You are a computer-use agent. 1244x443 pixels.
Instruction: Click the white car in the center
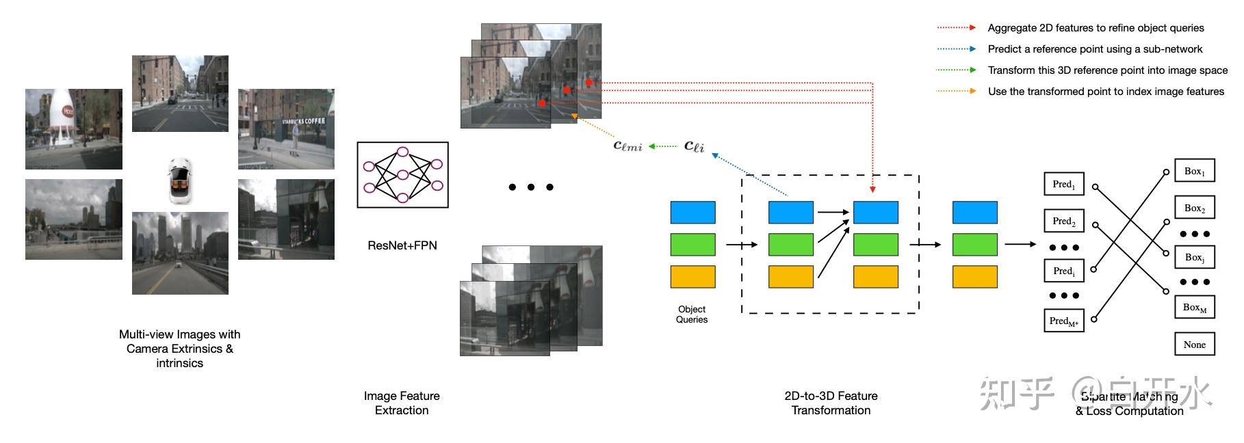pos(181,180)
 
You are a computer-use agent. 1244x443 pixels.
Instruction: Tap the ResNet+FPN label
pos(402,245)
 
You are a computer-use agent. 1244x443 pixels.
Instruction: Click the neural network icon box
pos(402,175)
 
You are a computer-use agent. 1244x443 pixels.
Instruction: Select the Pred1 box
pos(1063,184)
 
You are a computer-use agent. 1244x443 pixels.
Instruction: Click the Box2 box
pos(1194,208)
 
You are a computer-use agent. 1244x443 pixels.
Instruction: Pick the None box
pos(1194,345)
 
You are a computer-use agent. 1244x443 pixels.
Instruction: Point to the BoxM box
pos(1194,308)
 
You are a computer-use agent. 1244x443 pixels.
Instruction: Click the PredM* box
pos(1063,321)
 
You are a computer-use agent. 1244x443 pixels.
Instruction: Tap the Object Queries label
pos(692,314)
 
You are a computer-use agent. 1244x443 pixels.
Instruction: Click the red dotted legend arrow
pos(956,28)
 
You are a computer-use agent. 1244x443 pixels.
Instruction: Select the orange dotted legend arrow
pos(956,91)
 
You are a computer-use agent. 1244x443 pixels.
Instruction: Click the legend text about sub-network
pos(1095,49)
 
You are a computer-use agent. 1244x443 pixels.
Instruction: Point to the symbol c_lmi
pos(627,145)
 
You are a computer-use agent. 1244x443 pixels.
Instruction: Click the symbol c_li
pos(694,146)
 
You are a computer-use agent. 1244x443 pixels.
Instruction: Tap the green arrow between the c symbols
pos(662,146)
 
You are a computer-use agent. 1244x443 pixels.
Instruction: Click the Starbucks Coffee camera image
pos(286,129)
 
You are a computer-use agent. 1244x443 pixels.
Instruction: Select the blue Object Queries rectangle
pos(692,213)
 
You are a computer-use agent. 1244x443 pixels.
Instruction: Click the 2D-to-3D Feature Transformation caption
pos(831,403)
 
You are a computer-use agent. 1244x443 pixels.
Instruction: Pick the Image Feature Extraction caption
pos(402,403)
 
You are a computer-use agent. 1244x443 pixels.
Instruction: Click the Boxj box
pos(1194,258)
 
